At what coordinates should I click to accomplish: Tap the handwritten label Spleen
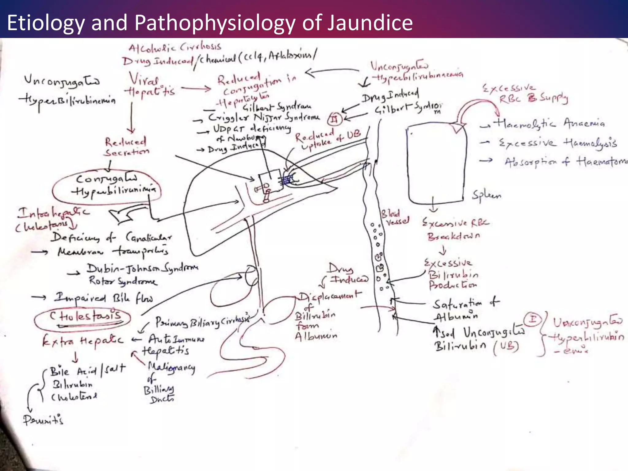click(x=486, y=195)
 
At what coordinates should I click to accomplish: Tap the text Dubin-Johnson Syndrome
click(x=142, y=269)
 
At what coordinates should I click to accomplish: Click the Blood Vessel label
click(x=395, y=217)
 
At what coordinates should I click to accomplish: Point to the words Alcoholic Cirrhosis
click(x=174, y=48)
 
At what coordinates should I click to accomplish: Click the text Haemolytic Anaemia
click(x=549, y=124)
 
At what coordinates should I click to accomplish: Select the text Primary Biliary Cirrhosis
click(x=202, y=322)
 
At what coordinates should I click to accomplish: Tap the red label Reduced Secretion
click(x=126, y=147)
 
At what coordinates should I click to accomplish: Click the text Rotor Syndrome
click(x=122, y=281)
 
